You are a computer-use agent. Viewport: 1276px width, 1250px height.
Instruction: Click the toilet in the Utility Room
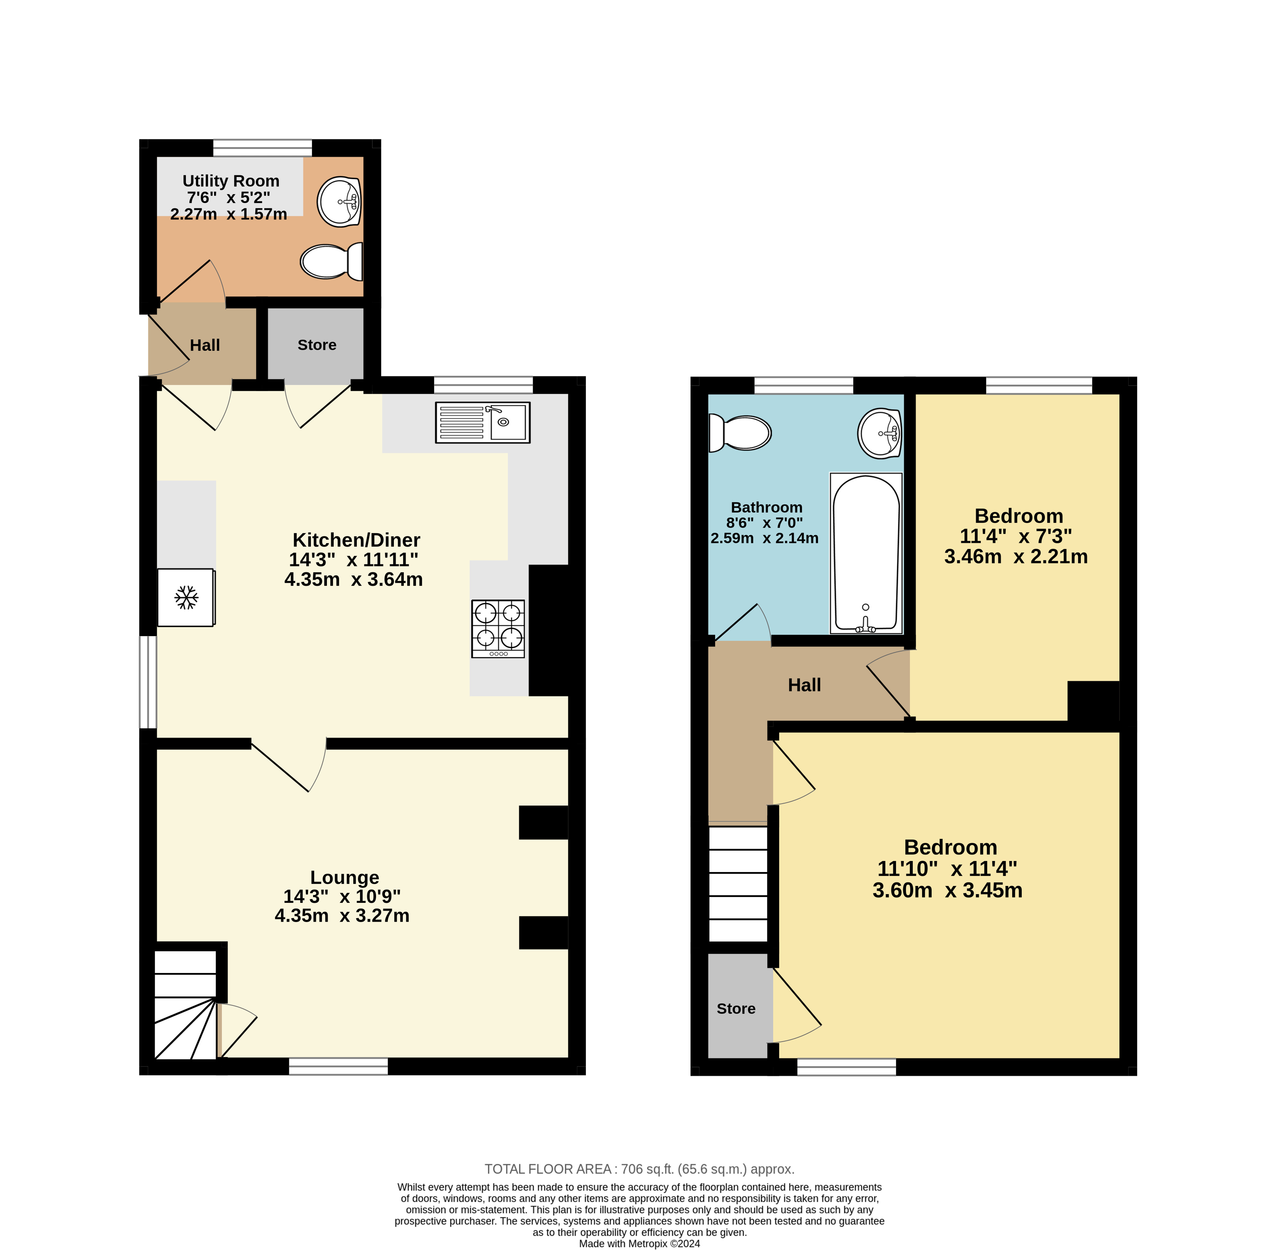pyautogui.click(x=332, y=261)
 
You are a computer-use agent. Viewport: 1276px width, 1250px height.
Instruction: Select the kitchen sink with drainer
pyautogui.click(x=482, y=422)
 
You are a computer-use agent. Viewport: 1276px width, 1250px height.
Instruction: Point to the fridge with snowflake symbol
pyautogui.click(x=187, y=597)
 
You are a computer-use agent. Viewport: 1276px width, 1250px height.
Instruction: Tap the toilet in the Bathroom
pyautogui.click(x=740, y=432)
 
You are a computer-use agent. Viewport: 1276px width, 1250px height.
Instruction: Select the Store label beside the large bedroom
pyautogui.click(x=736, y=1008)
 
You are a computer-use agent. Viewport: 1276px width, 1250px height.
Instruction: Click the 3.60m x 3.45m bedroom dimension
pyautogui.click(x=947, y=890)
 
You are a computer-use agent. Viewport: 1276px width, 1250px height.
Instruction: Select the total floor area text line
pyautogui.click(x=639, y=1169)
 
